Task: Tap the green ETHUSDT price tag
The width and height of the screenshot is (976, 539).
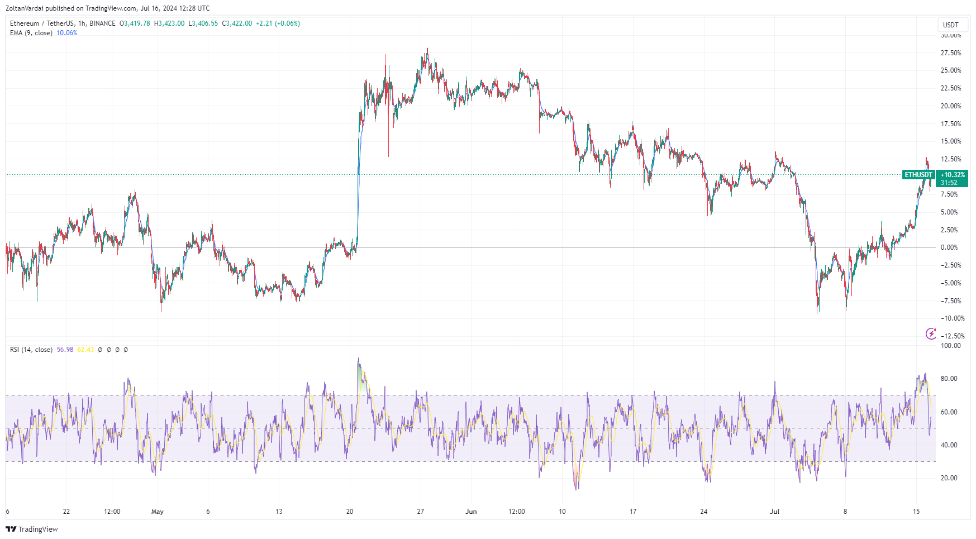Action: (x=918, y=175)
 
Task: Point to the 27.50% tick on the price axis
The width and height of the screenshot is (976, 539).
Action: (x=951, y=53)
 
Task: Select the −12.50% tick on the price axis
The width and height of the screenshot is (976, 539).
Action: (x=952, y=336)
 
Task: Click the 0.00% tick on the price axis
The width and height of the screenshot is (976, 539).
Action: (x=949, y=247)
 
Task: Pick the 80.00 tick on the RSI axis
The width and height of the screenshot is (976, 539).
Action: (x=949, y=379)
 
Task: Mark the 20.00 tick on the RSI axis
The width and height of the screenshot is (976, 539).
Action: (x=949, y=478)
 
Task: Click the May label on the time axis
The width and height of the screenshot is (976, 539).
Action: (x=158, y=512)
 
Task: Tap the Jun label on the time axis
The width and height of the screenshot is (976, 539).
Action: (x=471, y=512)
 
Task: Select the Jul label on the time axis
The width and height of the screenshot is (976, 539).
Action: (x=774, y=512)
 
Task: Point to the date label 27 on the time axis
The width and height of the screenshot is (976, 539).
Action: (x=421, y=512)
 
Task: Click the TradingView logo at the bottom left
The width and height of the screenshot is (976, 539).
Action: (x=32, y=529)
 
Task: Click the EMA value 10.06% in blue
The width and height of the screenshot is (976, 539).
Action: (x=67, y=33)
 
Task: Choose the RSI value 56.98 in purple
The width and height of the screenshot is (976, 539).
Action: (x=65, y=350)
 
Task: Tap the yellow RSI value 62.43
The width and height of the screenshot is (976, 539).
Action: (x=85, y=350)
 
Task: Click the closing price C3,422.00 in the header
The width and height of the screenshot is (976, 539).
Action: (x=237, y=23)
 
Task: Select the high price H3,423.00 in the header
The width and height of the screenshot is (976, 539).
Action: (x=169, y=23)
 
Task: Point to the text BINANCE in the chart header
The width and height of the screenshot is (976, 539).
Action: (x=102, y=23)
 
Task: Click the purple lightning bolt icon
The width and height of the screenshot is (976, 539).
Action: (x=931, y=333)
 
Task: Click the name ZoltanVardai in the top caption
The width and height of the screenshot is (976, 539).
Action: (x=25, y=8)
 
